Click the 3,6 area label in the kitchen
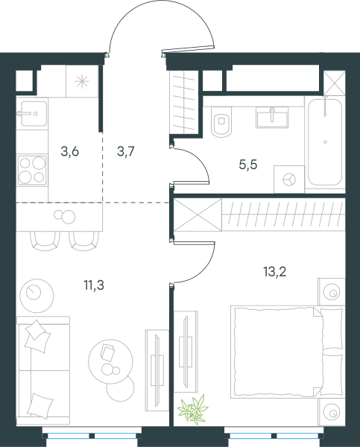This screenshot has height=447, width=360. (x=69, y=151)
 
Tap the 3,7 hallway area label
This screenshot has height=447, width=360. (x=125, y=151)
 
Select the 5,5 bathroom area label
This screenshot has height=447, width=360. (x=248, y=165)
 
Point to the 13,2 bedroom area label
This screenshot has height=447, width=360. (x=275, y=272)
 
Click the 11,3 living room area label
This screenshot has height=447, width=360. (x=94, y=285)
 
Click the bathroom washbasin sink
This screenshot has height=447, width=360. (x=272, y=118)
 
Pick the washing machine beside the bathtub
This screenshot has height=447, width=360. (x=289, y=180)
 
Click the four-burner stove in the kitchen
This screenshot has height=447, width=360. (x=32, y=170)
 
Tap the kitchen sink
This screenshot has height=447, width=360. (x=32, y=113)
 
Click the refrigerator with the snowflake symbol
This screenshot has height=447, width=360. (x=82, y=81)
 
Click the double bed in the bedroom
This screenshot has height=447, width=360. (x=287, y=352)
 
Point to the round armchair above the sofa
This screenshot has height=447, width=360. (x=37, y=296)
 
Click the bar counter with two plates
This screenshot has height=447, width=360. (x=60, y=217)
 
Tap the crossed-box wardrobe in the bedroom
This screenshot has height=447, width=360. (x=198, y=215)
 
